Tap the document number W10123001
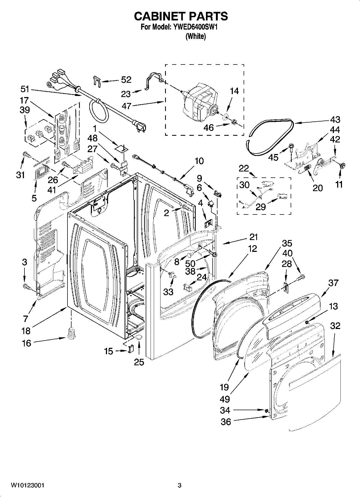pos(27,485)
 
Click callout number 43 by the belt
pos(335,120)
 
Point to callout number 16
pos(26,343)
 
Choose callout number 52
pos(126,80)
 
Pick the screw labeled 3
pos(27,287)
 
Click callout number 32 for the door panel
pos(335,326)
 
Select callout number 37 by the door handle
pos(333,283)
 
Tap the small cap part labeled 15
pos(131,349)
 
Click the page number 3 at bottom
pos(180,485)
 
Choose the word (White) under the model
pos(195,37)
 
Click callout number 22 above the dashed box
pos(244,168)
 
